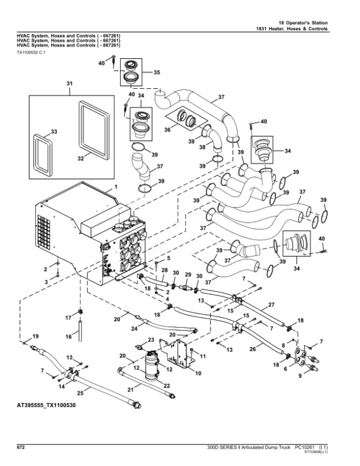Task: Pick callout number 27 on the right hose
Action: pos(271,304)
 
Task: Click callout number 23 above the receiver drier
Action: pos(151,340)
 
